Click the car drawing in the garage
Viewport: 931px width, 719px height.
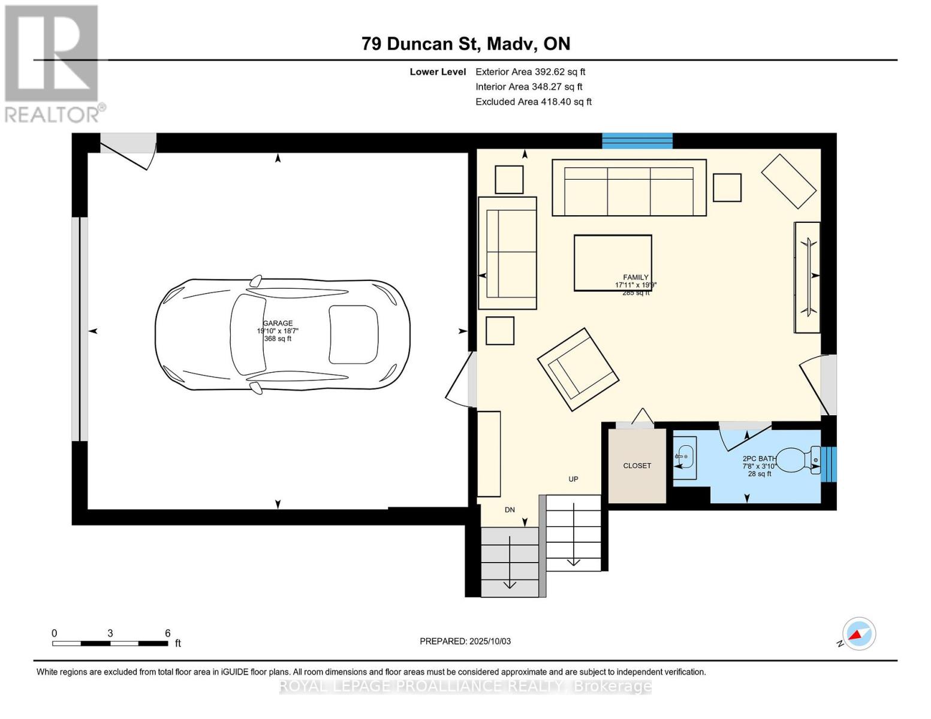282,335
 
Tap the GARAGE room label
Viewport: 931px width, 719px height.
278,324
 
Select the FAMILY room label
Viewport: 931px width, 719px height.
635,277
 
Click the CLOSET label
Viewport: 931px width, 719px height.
637,466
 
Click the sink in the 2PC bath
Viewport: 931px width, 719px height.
685,457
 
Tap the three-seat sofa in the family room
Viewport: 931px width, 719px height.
629,188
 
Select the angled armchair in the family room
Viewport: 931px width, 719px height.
578,369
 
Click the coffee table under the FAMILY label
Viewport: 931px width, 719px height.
612,262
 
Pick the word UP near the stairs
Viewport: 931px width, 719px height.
573,479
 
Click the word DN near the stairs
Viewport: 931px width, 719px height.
510,510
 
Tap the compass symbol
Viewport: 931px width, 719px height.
858,634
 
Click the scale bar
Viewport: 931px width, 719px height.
110,643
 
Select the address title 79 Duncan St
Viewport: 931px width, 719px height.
466,44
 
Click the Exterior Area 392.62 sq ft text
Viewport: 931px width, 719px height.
530,72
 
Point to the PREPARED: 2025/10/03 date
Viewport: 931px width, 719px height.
465,641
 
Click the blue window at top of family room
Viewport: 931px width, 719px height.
637,141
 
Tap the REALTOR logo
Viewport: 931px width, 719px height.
53,63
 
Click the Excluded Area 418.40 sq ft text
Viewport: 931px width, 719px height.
534,102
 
